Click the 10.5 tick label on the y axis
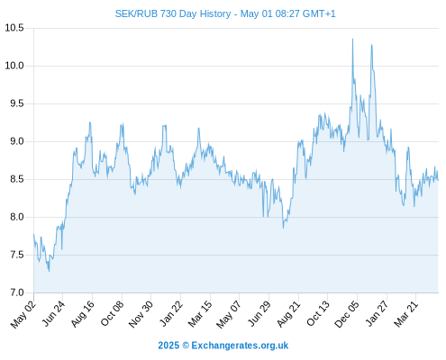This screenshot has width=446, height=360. (14, 28)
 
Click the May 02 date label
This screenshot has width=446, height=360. (23, 314)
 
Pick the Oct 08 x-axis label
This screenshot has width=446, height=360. (112, 313)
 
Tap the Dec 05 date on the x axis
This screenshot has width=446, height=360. (346, 314)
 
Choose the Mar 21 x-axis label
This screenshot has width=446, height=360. (405, 313)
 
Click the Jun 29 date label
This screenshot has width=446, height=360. (259, 313)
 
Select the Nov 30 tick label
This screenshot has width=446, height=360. (141, 314)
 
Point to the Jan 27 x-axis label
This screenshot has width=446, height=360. (377, 313)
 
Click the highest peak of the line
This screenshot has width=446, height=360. (352, 39)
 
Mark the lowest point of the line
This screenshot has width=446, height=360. (49, 272)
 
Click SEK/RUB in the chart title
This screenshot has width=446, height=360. (136, 13)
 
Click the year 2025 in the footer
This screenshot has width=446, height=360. (168, 346)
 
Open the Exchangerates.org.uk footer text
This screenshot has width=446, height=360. (240, 346)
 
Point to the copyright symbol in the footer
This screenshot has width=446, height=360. (186, 346)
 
